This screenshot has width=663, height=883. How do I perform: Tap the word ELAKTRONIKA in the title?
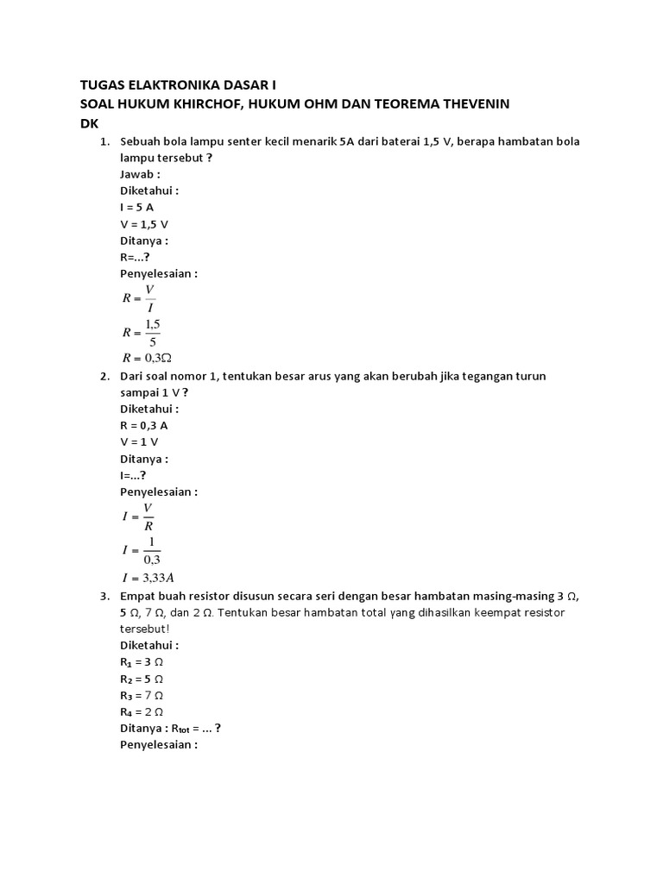(163, 85)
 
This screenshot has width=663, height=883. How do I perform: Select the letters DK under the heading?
(90, 123)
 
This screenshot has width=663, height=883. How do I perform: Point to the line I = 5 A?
(137, 208)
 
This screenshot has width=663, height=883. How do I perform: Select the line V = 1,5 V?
(144, 224)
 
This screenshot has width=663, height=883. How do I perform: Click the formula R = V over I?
(139, 297)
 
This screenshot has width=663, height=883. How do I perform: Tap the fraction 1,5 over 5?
(153, 330)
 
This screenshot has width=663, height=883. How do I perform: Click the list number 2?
(104, 376)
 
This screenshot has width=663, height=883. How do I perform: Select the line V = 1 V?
(140, 441)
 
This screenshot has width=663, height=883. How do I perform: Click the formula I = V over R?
(138, 516)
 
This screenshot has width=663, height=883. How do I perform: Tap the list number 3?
(104, 596)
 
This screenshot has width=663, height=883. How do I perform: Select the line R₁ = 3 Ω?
(142, 662)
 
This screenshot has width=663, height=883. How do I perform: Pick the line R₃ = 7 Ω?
(142, 695)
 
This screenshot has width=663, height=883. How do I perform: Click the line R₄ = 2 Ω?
(142, 711)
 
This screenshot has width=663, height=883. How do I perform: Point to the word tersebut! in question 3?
(147, 629)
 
